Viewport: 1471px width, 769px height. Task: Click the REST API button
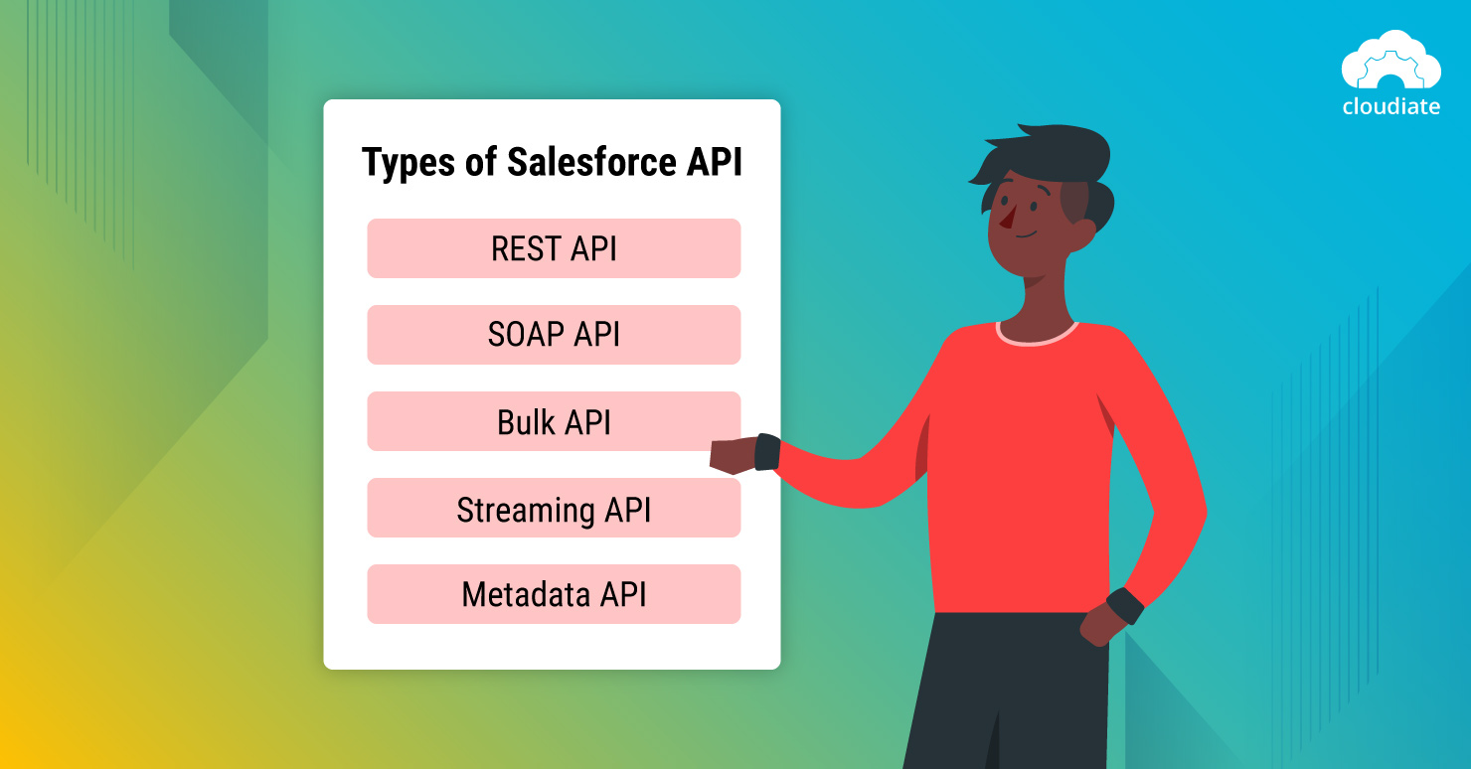point(554,248)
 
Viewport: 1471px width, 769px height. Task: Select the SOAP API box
point(554,335)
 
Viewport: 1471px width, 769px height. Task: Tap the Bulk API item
point(554,421)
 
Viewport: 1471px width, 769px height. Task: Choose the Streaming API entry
point(554,508)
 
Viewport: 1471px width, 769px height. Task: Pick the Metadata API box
point(554,594)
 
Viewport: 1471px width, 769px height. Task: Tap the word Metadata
point(526,594)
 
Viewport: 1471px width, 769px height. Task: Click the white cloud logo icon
point(1390,62)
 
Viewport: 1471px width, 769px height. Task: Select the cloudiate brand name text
point(1390,106)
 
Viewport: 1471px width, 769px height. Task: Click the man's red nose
point(1007,218)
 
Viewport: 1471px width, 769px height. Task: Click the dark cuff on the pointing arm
point(767,451)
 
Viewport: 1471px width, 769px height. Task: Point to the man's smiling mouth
point(1024,236)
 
